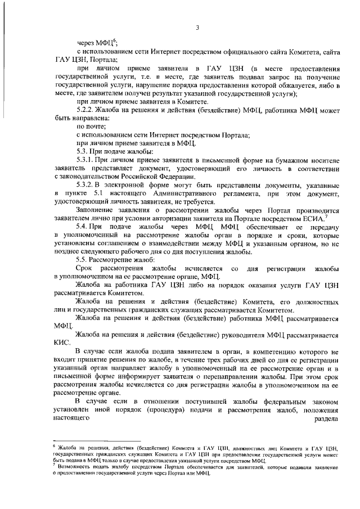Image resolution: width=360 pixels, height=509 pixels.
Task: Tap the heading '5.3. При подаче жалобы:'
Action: tap(114, 152)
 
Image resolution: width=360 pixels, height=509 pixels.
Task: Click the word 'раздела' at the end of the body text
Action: tap(325, 419)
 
